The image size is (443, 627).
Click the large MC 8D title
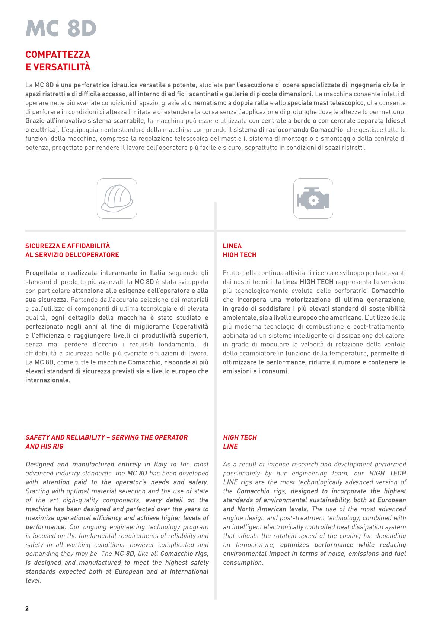(x=61, y=28)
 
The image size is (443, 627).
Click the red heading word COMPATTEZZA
(x=58, y=54)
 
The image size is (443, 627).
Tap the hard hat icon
(x=117, y=199)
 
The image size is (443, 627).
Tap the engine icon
(x=313, y=199)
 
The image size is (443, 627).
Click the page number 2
(x=27, y=608)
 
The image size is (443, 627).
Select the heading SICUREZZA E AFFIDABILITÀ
(x=68, y=246)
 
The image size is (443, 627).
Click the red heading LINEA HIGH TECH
(x=239, y=250)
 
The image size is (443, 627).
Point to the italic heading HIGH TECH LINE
(x=240, y=442)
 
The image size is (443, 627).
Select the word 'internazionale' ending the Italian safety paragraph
(x=47, y=380)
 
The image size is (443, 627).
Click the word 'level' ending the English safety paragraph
(x=32, y=580)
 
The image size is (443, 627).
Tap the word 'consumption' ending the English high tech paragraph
(x=242, y=563)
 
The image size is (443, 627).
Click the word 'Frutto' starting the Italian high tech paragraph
(x=232, y=273)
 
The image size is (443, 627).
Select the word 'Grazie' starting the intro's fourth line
(x=35, y=121)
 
